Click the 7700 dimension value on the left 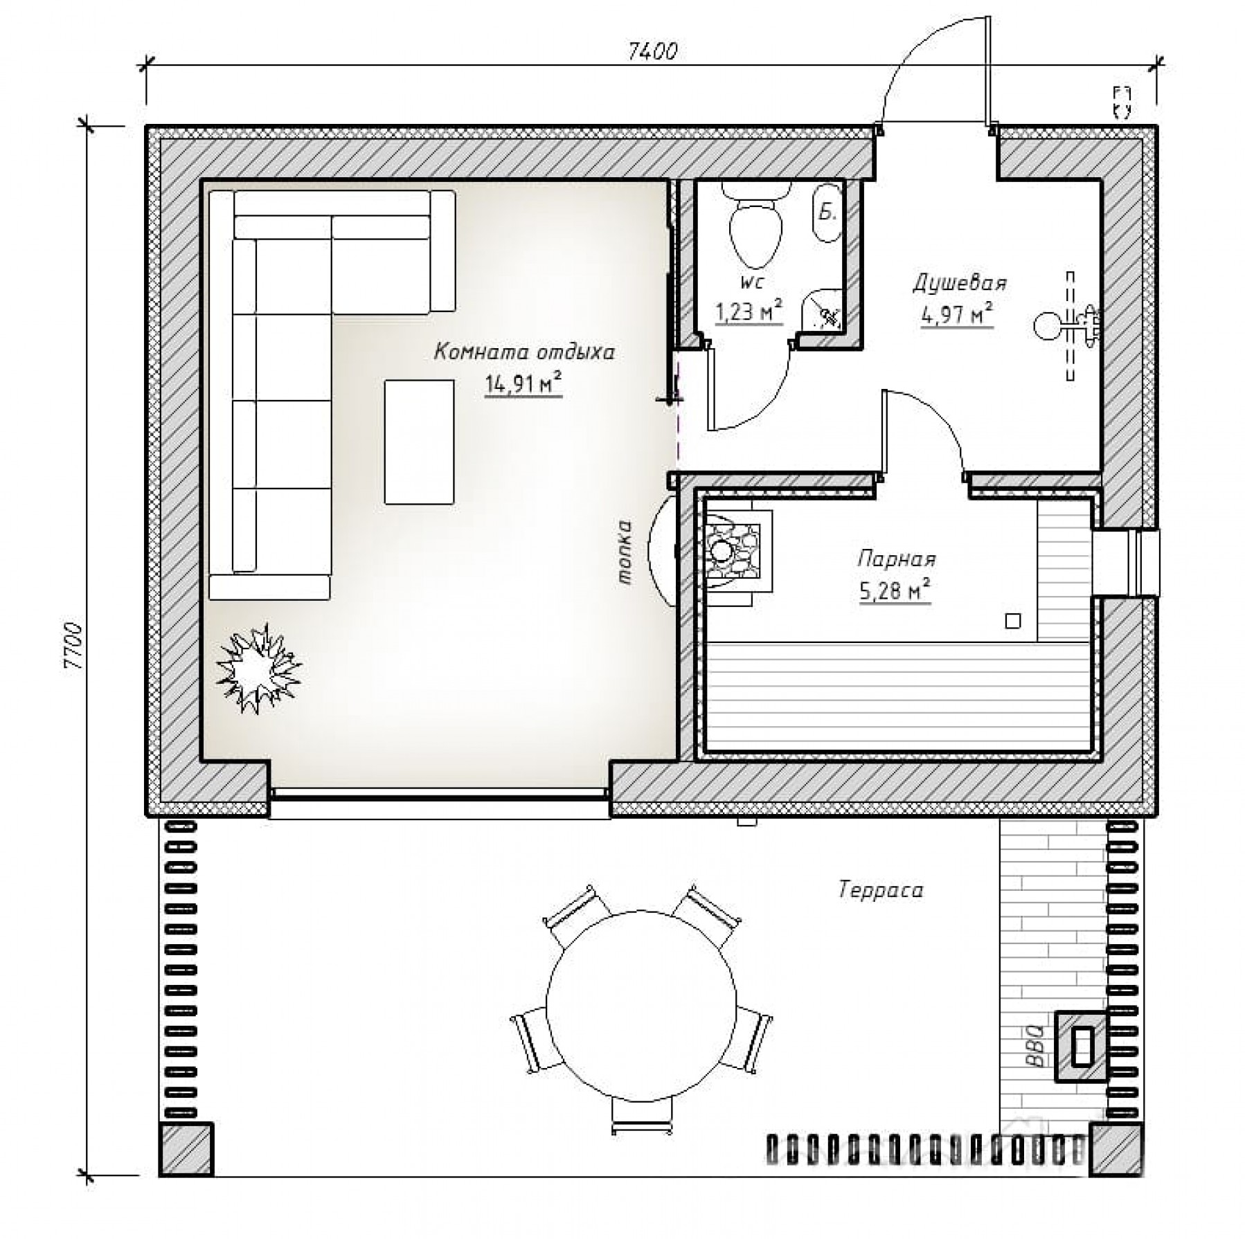pos(73,646)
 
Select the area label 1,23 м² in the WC pos(749,312)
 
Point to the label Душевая pos(960,283)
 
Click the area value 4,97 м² pos(957,315)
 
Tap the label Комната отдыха pos(524,353)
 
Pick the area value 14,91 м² pos(523,383)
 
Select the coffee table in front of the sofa pos(420,442)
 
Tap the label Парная pos(897,559)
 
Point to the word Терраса pos(881,889)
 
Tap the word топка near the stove pos(626,553)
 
